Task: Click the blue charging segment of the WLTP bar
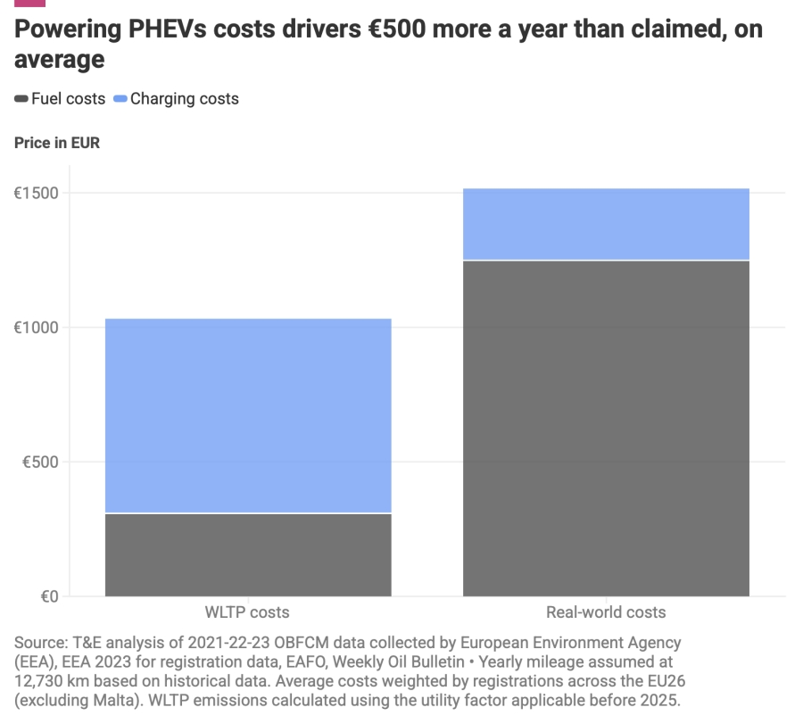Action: [x=248, y=415]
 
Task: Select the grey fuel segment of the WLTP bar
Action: [x=248, y=554]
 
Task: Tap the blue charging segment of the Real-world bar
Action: [x=606, y=224]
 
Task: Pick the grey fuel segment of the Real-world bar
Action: [x=606, y=429]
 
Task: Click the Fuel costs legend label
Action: [x=68, y=99]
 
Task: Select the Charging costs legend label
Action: [x=185, y=99]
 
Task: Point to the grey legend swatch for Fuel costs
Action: [x=21, y=99]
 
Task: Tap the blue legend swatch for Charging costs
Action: [x=120, y=99]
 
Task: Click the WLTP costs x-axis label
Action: [x=248, y=612]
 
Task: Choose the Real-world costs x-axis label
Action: [x=606, y=612]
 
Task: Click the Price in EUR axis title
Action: [x=57, y=143]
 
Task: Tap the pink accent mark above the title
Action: [x=29, y=3]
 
